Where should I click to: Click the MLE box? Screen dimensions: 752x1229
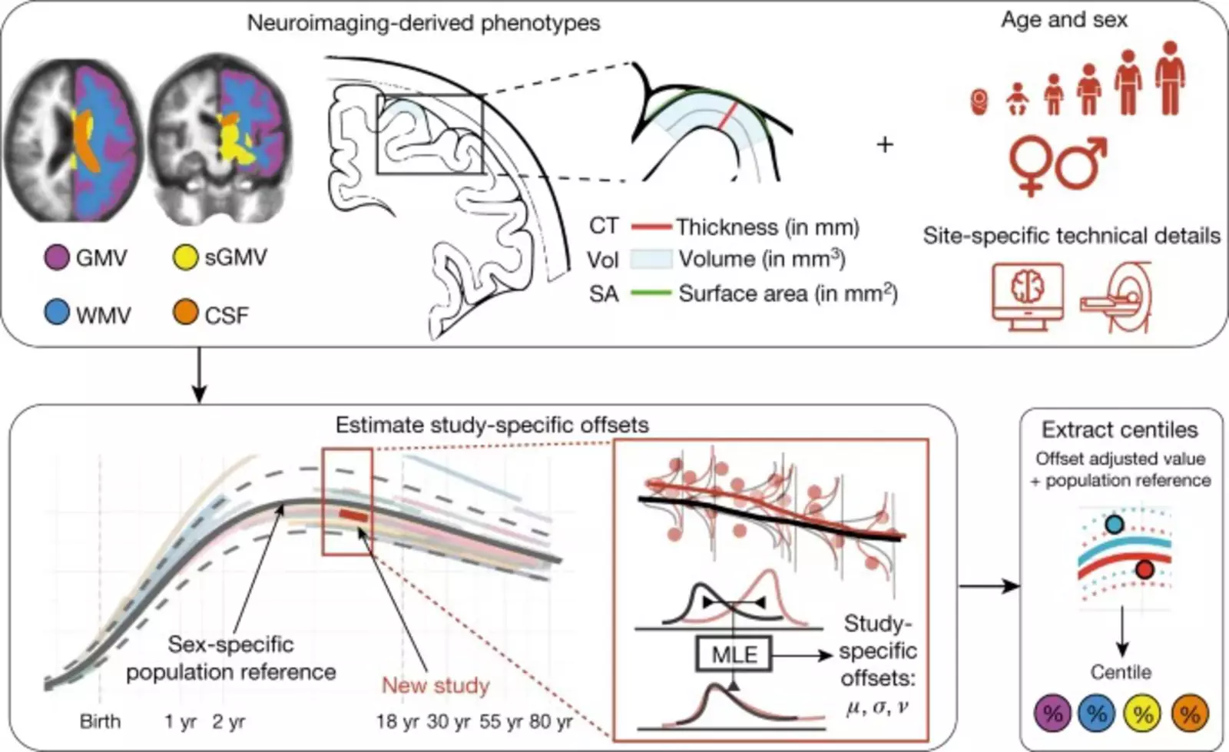point(734,654)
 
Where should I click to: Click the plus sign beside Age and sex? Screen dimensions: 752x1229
point(885,144)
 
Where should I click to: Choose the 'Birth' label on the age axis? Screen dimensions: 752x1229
point(100,722)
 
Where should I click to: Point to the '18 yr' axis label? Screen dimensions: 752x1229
point(397,722)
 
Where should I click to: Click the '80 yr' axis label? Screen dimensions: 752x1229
point(551,722)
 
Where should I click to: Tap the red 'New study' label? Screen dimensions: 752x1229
point(436,685)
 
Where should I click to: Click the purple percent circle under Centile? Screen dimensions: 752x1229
point(1052,714)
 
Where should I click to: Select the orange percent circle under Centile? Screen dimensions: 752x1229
point(1190,714)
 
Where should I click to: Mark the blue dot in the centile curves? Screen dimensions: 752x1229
point(1114,525)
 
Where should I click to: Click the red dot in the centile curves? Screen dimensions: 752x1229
point(1145,569)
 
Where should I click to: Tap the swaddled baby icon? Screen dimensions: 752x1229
point(979,101)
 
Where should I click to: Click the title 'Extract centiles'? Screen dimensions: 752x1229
point(1120,429)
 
